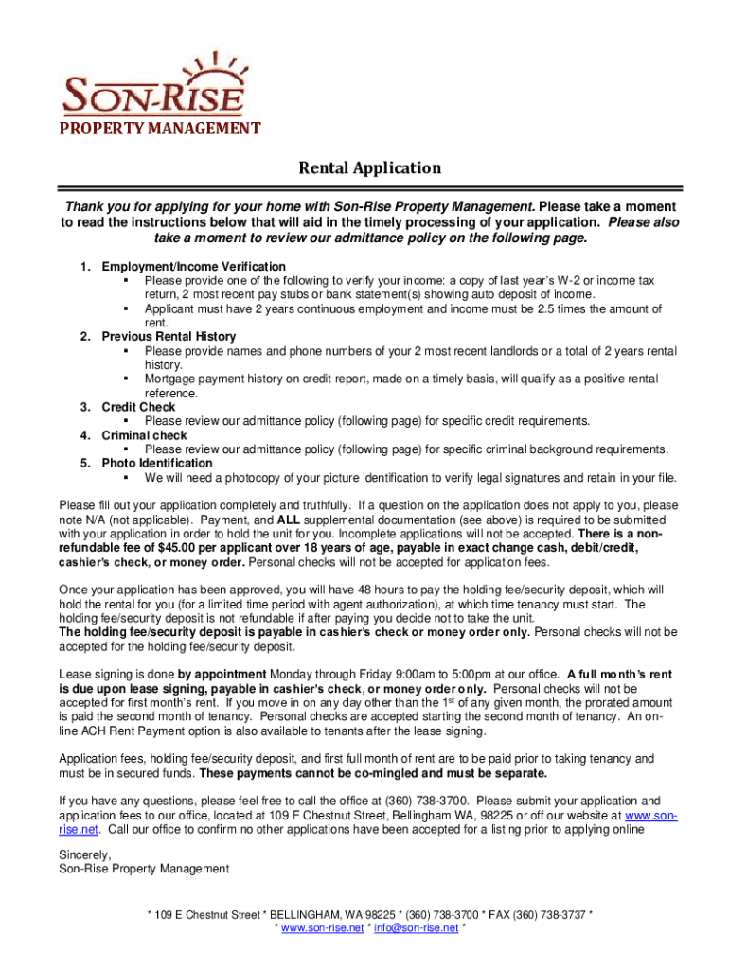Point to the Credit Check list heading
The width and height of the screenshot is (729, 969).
click(138, 407)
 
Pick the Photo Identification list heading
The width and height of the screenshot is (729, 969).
click(157, 463)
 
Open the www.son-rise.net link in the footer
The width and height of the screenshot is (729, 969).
click(321, 928)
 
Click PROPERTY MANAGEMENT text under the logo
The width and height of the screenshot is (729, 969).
click(160, 129)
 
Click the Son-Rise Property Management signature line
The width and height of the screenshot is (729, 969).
click(143, 869)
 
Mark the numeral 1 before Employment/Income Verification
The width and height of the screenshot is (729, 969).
click(84, 267)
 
